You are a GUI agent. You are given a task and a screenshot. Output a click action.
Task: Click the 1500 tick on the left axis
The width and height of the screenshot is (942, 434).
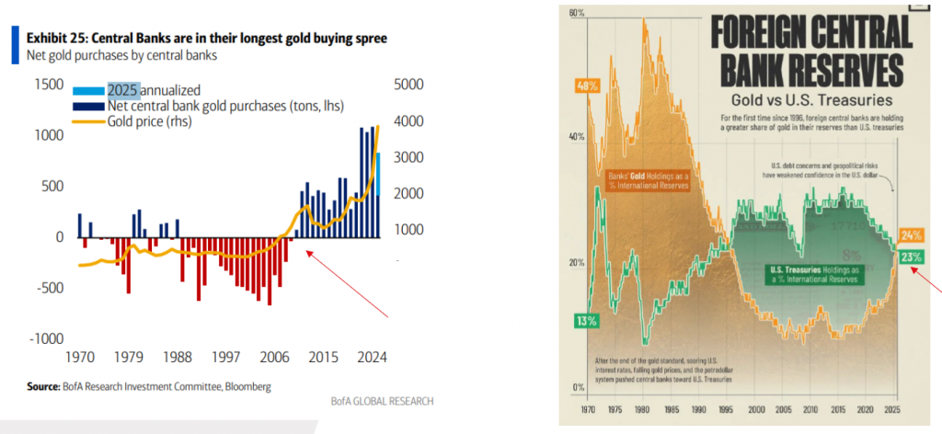48,85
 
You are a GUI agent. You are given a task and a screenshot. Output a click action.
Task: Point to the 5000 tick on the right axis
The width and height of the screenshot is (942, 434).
408,85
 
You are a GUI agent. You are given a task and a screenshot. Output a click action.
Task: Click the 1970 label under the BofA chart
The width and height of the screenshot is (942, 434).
80,359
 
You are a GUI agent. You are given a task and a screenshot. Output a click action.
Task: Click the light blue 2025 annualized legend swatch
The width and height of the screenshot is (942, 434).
88,89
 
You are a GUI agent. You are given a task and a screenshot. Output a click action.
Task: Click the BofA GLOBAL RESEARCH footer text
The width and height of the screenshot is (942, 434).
382,402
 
